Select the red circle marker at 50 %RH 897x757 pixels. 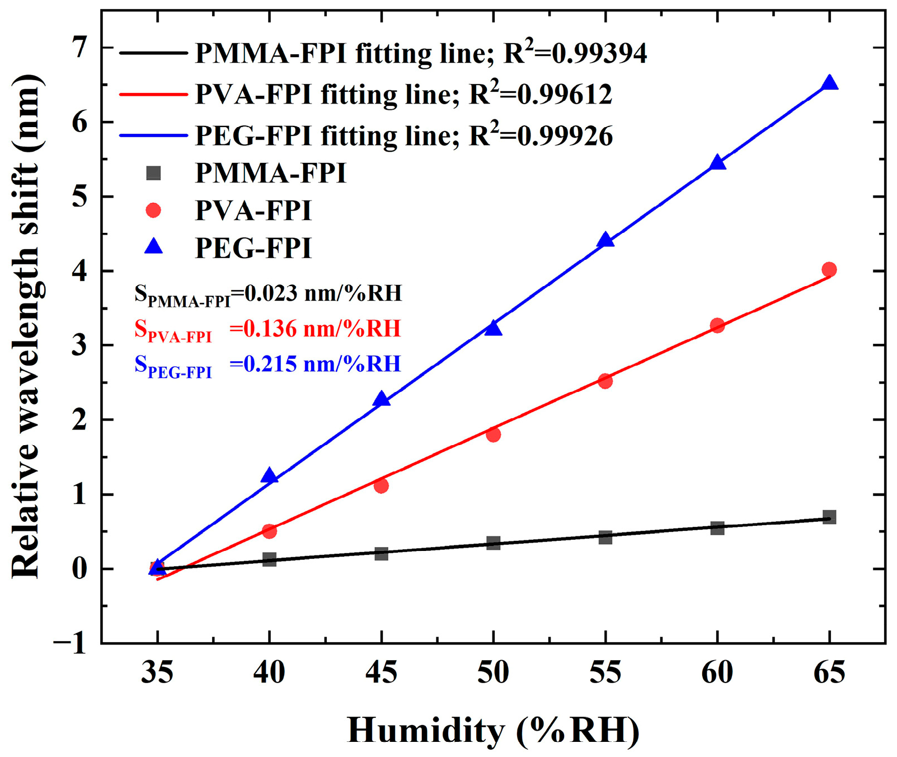[493, 434]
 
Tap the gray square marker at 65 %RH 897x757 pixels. [829, 516]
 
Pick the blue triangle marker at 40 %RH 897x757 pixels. [269, 476]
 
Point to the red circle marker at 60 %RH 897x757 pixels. [717, 325]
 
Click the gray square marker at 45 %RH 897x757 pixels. [381, 553]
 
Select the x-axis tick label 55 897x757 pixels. [605, 672]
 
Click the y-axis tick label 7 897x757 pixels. [81, 48]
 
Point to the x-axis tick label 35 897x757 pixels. [157, 672]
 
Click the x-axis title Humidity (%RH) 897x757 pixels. [493, 730]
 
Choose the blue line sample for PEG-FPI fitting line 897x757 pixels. [153, 135]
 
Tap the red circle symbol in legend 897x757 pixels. [153, 210]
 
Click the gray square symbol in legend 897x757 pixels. [153, 173]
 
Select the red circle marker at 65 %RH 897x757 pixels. [829, 269]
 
